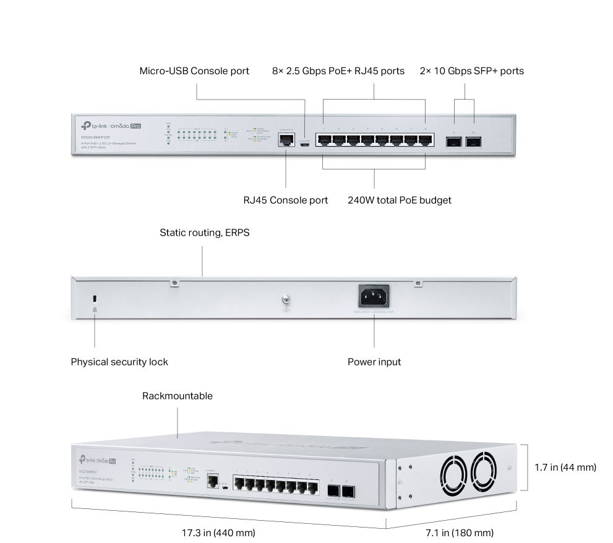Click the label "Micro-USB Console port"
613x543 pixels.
194,71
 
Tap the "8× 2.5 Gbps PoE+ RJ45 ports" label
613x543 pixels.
338,71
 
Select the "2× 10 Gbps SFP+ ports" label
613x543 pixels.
471,71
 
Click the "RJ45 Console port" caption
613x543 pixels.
285,200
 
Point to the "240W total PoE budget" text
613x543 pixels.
399,200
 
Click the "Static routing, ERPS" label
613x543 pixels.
204,233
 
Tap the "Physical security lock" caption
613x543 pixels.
119,362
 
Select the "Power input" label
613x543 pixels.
374,362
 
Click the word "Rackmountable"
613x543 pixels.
177,396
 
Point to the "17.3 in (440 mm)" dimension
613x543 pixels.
218,532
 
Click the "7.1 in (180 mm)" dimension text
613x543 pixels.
458,532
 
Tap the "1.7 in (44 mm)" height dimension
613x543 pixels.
565,468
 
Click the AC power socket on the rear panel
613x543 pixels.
374,296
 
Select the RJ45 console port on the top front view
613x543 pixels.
286,139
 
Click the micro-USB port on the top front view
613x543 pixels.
305,142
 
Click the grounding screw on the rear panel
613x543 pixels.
286,300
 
